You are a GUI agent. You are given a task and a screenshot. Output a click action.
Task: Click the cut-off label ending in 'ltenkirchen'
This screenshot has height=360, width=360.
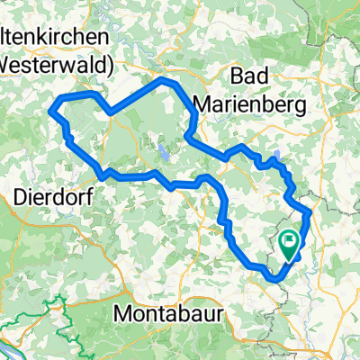54,38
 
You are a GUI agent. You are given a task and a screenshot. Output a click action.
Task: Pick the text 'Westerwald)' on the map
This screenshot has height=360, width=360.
54,65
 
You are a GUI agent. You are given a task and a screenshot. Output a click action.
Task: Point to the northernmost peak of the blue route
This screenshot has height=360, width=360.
163,80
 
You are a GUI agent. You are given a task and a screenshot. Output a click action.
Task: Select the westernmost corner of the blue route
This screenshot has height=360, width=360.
50,111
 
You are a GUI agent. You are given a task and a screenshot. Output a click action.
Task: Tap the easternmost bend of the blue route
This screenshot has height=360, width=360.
309,213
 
